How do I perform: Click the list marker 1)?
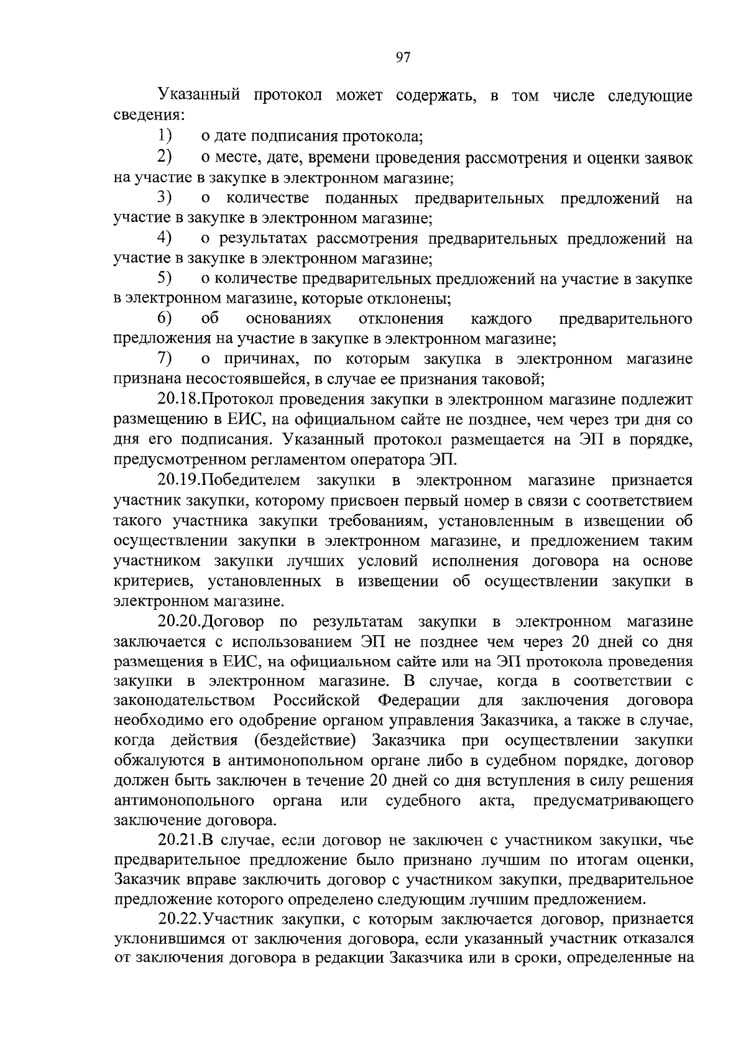[x=164, y=136]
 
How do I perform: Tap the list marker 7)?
[x=164, y=359]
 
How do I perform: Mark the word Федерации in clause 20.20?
[x=418, y=701]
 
